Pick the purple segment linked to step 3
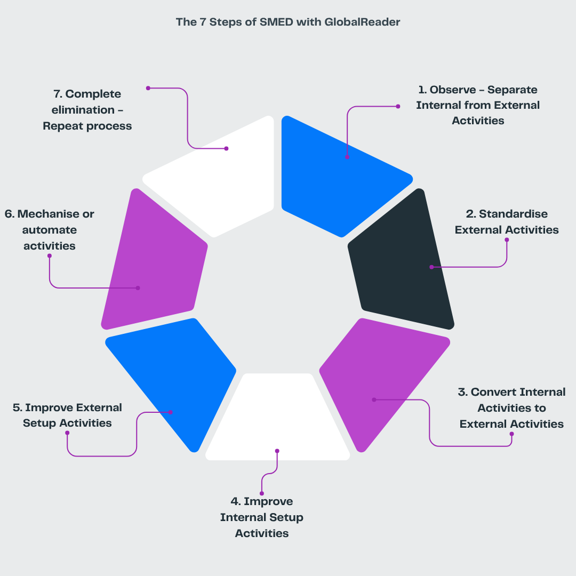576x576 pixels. click(384, 379)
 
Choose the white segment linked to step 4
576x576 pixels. click(277, 421)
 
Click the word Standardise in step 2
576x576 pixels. click(513, 214)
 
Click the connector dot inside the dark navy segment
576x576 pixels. click(431, 267)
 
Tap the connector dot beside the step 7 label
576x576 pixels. click(148, 88)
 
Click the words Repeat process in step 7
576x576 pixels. click(87, 126)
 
